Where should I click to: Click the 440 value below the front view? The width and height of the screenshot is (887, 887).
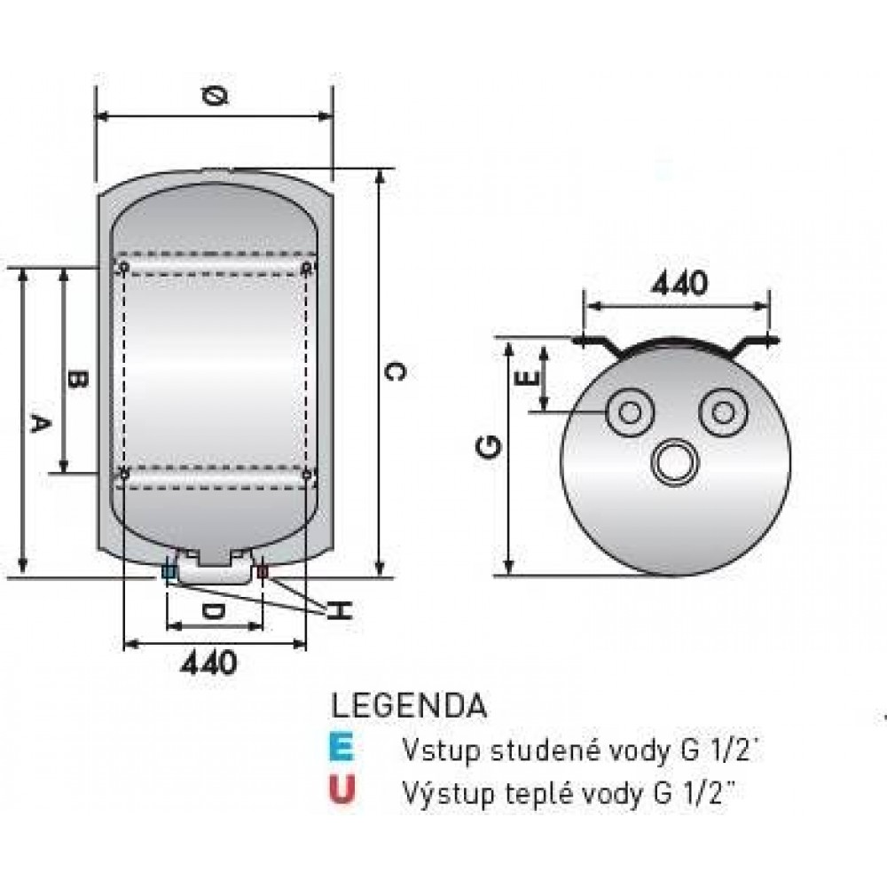point(209,662)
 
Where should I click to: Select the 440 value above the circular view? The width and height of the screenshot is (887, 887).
point(679,283)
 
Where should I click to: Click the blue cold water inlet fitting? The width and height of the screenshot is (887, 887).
point(169,572)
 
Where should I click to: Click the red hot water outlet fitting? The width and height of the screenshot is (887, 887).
point(263,572)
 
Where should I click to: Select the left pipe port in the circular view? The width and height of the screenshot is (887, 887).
point(631,412)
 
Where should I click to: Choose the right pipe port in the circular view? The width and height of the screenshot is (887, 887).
point(724,412)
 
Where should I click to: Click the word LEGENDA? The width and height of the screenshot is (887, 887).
point(409,706)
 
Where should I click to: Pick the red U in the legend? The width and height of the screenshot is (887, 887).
point(341,789)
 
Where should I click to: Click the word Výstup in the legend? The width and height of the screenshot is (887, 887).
point(441,790)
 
